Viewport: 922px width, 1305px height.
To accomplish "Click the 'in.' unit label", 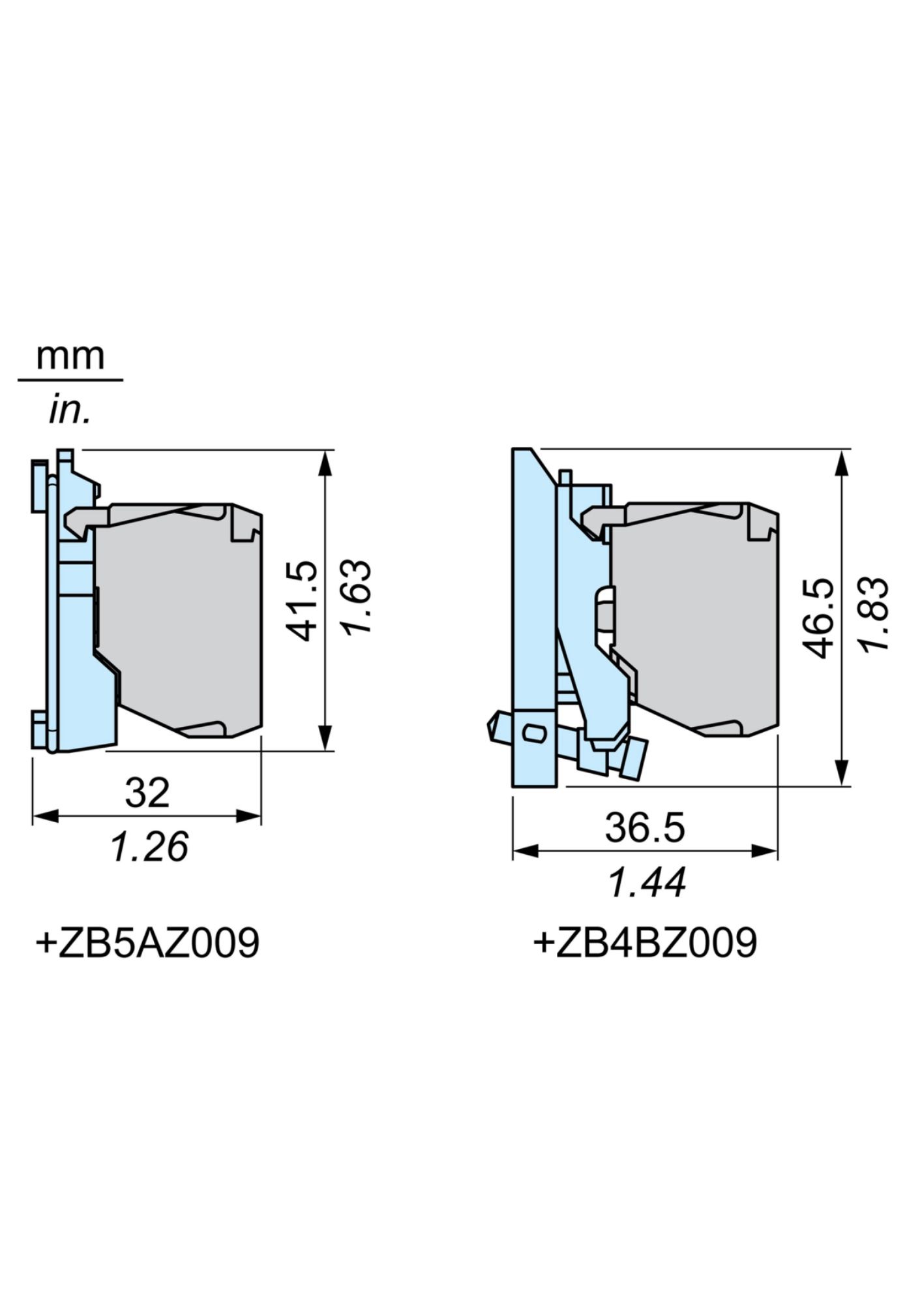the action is pyautogui.click(x=70, y=411).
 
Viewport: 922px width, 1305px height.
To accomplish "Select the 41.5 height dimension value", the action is pyautogui.click(x=303, y=600).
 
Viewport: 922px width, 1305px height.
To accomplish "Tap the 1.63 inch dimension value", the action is pyautogui.click(x=357, y=596).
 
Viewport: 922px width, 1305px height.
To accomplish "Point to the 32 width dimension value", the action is pyautogui.click(x=147, y=793).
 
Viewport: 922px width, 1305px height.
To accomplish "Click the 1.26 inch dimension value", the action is pyautogui.click(x=149, y=846).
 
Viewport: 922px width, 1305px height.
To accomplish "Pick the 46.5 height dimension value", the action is pyautogui.click(x=819, y=617).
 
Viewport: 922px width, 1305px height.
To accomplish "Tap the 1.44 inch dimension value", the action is pyautogui.click(x=647, y=883).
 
